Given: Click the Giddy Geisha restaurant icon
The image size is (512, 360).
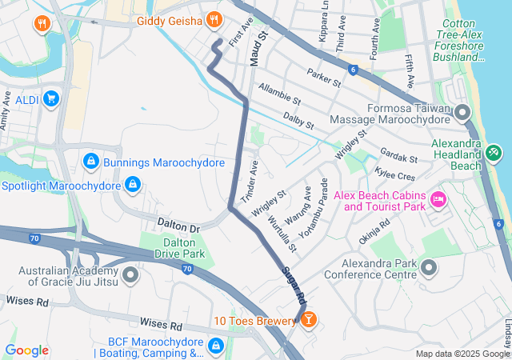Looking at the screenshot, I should pyautogui.click(x=214, y=20).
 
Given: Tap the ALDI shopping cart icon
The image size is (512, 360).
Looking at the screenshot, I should pyautogui.click(x=51, y=99).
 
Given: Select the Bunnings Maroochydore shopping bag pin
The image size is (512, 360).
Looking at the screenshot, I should pyautogui.click(x=91, y=162).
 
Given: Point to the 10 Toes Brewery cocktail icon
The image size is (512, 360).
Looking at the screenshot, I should pyautogui.click(x=307, y=321).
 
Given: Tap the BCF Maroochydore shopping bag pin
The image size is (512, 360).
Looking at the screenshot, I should pyautogui.click(x=215, y=346).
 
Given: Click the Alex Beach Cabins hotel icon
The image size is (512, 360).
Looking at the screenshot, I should pyautogui.click(x=438, y=198).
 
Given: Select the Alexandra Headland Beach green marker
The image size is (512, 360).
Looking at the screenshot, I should pyautogui.click(x=494, y=150).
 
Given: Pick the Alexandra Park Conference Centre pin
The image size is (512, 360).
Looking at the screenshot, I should pyautogui.click(x=429, y=266).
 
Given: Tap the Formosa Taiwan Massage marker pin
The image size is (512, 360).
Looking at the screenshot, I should pyautogui.click(x=462, y=112).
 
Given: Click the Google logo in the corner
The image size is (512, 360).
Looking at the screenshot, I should pyautogui.click(x=26, y=350).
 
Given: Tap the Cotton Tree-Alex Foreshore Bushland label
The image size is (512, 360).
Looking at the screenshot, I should pyautogui.click(x=462, y=40).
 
